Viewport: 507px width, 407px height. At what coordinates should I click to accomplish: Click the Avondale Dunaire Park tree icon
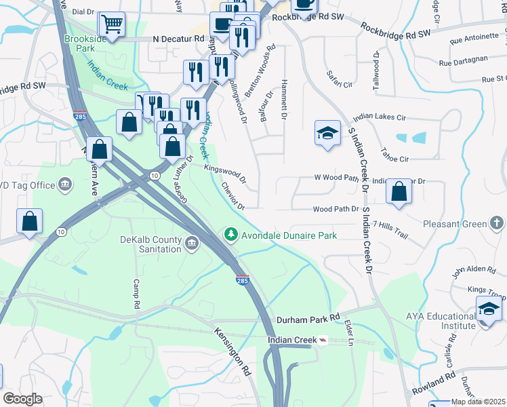(x=231, y=235)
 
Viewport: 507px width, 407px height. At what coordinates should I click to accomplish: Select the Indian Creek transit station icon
(x=323, y=340)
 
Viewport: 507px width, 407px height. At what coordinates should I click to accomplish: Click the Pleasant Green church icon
(x=497, y=223)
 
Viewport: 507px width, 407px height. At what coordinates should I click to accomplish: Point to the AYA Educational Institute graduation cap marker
(x=489, y=309)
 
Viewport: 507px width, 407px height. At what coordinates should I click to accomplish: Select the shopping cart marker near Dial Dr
(x=113, y=24)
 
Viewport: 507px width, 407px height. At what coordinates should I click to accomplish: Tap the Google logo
(x=22, y=398)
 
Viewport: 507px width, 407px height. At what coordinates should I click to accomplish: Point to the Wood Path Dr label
(x=335, y=210)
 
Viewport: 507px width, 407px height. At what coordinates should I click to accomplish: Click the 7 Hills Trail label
(x=390, y=229)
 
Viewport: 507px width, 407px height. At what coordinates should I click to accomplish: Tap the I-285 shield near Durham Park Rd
(x=243, y=279)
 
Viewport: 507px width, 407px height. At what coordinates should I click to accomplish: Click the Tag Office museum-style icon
(x=66, y=184)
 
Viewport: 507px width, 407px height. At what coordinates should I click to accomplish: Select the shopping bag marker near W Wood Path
(x=399, y=192)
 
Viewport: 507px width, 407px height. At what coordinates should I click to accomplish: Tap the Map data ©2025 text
(x=479, y=402)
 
